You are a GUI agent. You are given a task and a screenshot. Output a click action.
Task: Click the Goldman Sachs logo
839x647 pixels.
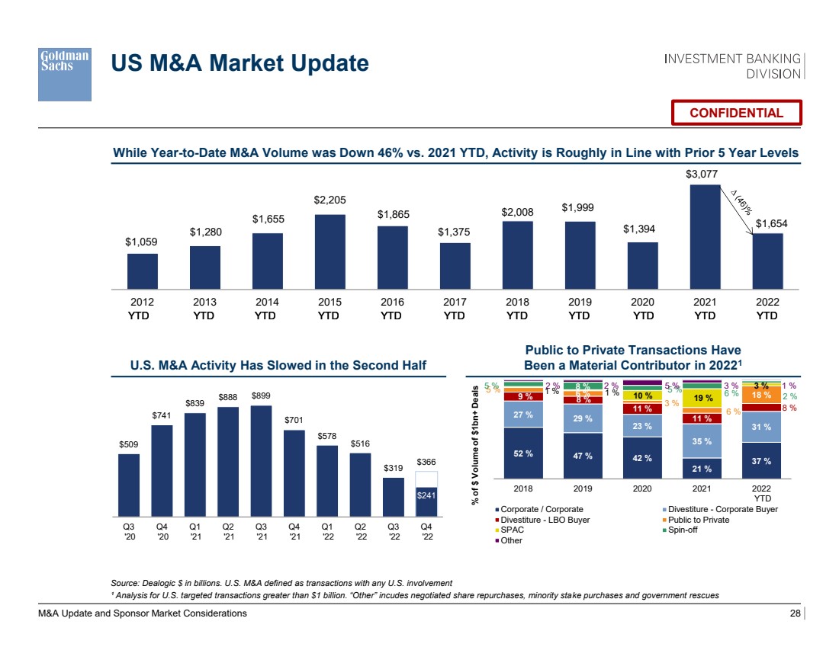tap(65, 73)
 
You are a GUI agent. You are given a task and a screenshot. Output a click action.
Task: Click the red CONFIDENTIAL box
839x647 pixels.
tap(736, 113)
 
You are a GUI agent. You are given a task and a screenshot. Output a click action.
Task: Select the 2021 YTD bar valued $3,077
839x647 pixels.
tap(706, 236)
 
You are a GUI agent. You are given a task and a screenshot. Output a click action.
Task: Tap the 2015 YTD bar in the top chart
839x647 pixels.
tap(329, 251)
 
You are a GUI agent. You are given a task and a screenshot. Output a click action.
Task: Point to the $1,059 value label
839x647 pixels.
tap(141, 242)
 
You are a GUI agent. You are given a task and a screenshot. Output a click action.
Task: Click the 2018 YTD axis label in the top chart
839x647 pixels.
tap(517, 309)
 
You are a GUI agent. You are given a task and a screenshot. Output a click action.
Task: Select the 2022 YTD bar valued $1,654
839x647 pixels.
tap(767, 261)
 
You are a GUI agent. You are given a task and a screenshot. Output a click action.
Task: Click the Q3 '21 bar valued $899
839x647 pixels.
tap(261, 460)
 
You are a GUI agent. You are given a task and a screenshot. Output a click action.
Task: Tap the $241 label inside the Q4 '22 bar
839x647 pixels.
tap(426, 496)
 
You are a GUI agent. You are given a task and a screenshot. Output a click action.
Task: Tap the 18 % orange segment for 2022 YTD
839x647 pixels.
tap(761, 396)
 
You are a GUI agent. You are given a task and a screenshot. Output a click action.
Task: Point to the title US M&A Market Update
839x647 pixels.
tap(239, 63)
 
